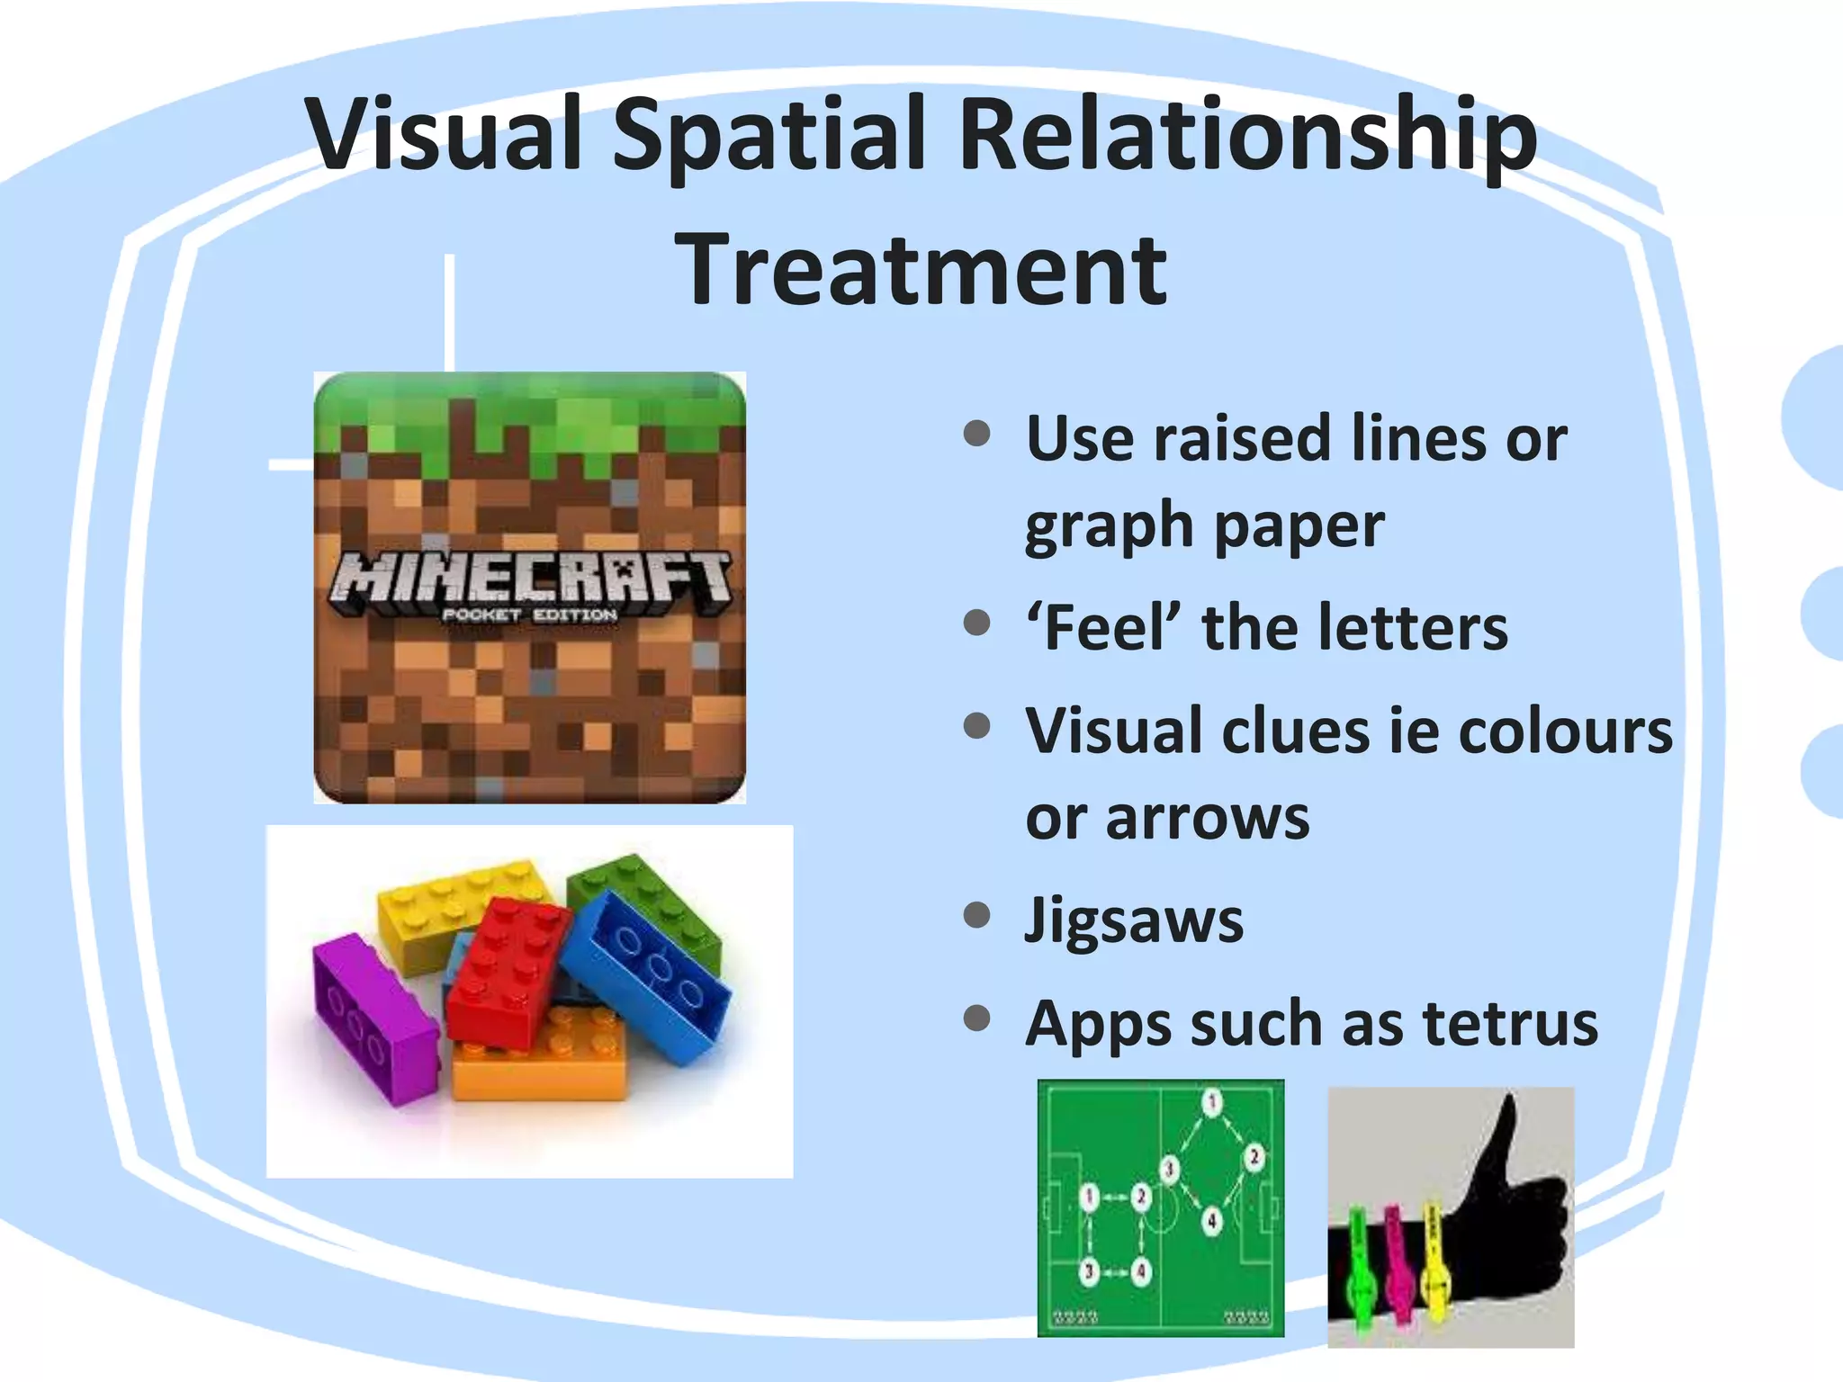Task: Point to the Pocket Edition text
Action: pos(529,615)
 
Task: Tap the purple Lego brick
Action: pos(373,1017)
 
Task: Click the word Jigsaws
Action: pos(1134,920)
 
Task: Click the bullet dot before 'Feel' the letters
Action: pos(976,623)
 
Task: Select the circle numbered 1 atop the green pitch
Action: pos(1211,1101)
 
